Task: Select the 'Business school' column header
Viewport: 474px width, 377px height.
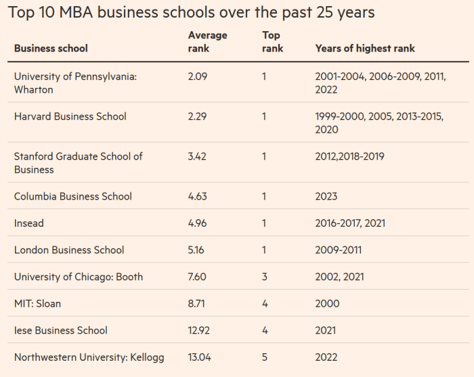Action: point(51,48)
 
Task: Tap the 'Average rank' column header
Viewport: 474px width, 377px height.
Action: point(207,41)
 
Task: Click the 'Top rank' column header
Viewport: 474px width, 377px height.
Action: point(272,41)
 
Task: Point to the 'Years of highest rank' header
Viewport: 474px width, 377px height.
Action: point(365,48)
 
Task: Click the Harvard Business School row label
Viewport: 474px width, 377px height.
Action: point(70,116)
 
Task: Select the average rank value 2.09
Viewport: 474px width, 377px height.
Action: point(198,76)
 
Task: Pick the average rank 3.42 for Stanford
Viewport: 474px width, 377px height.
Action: point(198,156)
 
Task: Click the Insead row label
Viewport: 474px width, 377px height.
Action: point(30,223)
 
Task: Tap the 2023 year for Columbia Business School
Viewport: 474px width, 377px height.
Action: point(326,196)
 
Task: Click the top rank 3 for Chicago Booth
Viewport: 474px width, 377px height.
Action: point(265,277)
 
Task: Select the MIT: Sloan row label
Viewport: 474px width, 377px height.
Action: point(37,304)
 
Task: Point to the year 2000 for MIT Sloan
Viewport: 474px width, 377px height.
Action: point(327,304)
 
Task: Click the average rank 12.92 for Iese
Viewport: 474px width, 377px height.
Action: point(200,330)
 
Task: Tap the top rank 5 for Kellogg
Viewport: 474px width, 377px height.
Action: point(265,357)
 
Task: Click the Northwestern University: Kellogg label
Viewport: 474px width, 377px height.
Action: point(89,357)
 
